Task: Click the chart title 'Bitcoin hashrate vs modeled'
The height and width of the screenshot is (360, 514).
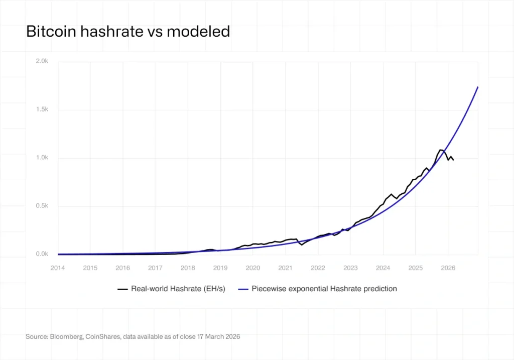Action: coord(127,32)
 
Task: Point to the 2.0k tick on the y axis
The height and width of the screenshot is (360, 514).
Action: coord(42,61)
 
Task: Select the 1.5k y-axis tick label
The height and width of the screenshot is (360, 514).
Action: coord(42,109)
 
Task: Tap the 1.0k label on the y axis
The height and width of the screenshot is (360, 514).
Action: coord(42,158)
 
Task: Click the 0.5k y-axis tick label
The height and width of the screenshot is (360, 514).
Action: coord(42,206)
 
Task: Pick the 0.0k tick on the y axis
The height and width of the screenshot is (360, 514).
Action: coord(42,254)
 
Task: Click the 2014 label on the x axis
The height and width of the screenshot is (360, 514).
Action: coord(58,268)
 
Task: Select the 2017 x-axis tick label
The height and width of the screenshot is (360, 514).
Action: coord(155,268)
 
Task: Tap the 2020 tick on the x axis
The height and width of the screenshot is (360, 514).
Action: coord(253,268)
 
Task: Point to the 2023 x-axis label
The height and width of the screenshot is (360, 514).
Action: coord(350,268)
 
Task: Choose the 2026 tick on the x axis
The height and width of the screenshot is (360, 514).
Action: coord(448,268)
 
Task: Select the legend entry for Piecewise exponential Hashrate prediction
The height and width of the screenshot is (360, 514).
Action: coord(324,289)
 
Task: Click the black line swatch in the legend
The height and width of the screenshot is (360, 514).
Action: coord(122,289)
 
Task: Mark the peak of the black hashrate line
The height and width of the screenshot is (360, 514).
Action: coord(441,150)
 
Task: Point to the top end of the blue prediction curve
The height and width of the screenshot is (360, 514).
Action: coord(478,87)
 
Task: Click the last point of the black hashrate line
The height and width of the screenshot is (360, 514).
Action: coord(454,160)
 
